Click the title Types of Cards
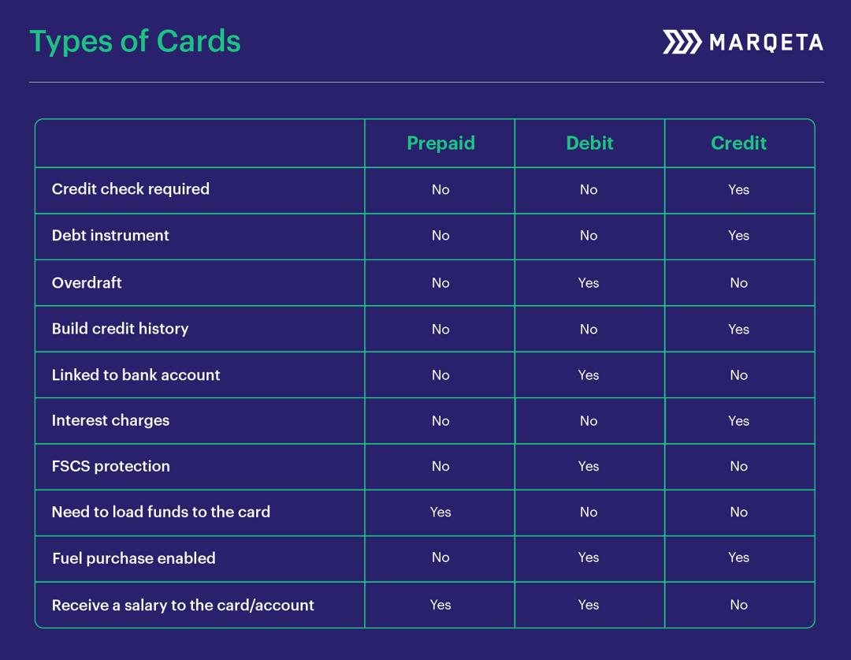tap(135, 41)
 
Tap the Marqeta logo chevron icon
tap(682, 42)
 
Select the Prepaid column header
tap(440, 143)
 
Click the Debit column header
tap(589, 143)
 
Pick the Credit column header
tap(738, 143)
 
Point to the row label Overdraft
tap(87, 282)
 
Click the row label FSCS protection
tap(110, 466)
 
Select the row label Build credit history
tap(120, 329)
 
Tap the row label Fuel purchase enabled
tap(133, 558)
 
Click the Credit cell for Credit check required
tap(738, 189)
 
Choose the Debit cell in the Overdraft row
tap(589, 283)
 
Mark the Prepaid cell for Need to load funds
tap(440, 513)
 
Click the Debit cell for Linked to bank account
tap(589, 375)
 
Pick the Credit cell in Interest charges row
tap(738, 421)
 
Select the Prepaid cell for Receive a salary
tap(440, 605)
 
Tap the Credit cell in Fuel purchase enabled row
tap(738, 557)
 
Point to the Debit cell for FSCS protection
tap(589, 467)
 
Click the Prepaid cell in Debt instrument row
tap(440, 236)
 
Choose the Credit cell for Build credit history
tap(738, 330)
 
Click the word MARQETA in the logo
tap(766, 43)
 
